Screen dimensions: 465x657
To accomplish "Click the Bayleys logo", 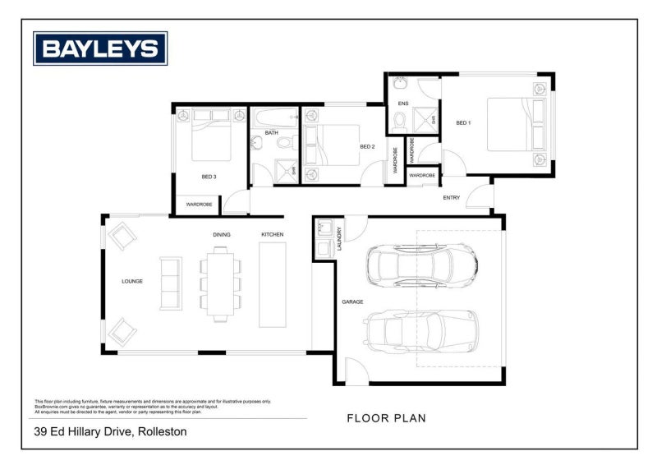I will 99,48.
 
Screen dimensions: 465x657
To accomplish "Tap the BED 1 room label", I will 464,123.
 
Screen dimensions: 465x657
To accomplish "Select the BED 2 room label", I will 367,147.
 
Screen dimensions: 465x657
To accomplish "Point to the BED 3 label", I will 209,177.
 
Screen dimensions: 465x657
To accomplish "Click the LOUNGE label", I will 132,281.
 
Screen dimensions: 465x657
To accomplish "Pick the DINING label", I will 222,235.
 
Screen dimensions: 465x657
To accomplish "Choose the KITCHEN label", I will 273,235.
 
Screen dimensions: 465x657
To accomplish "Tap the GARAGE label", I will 352,302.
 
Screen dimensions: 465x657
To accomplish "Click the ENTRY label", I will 452,198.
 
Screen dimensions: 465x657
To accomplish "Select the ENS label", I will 402,104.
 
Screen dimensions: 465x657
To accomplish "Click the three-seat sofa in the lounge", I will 170,283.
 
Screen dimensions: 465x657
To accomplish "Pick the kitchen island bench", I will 272,284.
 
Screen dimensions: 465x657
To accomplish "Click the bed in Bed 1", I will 516,124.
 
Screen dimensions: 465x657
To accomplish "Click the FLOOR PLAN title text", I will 386,418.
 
